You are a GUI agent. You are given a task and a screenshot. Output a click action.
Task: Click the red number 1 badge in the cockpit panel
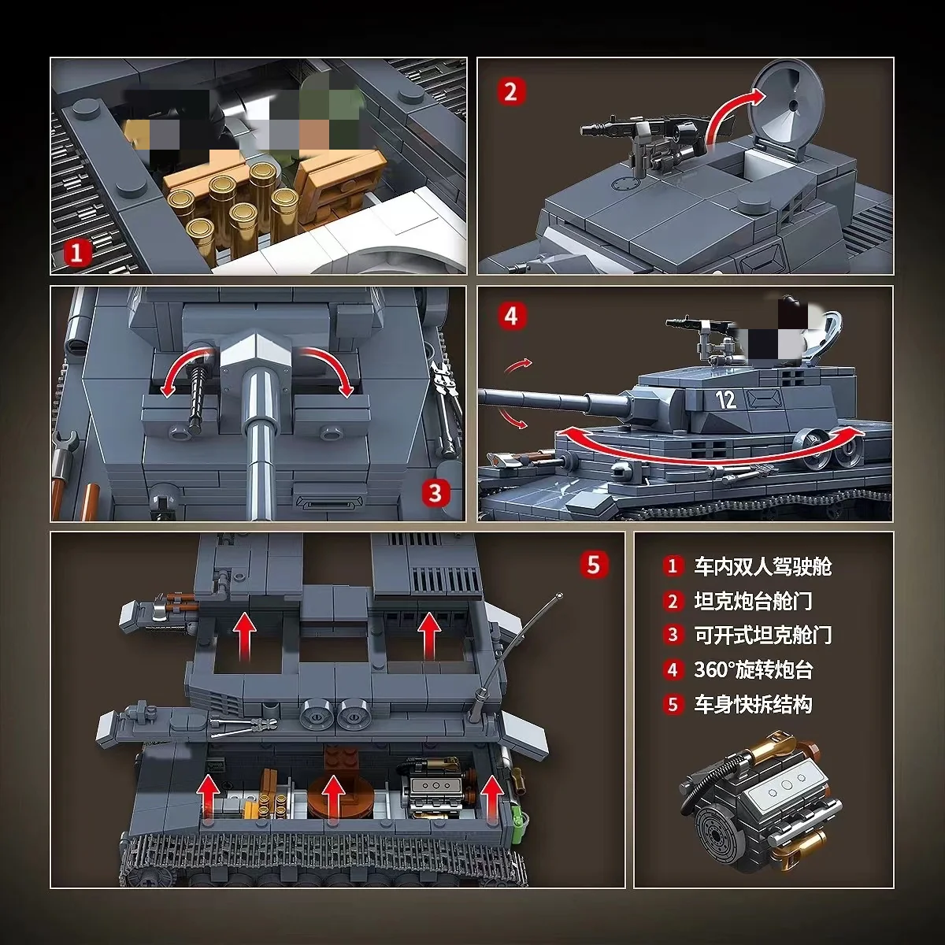(x=76, y=253)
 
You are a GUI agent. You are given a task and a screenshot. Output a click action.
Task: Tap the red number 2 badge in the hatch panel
(x=510, y=92)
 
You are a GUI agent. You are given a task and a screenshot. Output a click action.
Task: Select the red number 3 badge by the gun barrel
(x=435, y=494)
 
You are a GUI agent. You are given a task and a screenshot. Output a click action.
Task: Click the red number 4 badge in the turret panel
(x=511, y=317)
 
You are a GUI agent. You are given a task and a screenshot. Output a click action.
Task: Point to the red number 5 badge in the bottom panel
(x=593, y=565)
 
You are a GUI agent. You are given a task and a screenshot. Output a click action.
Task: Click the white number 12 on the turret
(x=725, y=399)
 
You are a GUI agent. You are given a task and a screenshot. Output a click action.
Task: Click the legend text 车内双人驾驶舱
(x=762, y=566)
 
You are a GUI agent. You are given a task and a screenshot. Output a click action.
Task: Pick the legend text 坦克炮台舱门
(x=752, y=601)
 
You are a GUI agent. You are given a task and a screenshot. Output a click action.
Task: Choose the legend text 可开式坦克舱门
(x=762, y=635)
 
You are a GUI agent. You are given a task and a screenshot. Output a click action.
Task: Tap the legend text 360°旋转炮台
(x=752, y=669)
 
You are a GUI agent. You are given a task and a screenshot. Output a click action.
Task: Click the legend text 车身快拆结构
(x=752, y=704)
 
